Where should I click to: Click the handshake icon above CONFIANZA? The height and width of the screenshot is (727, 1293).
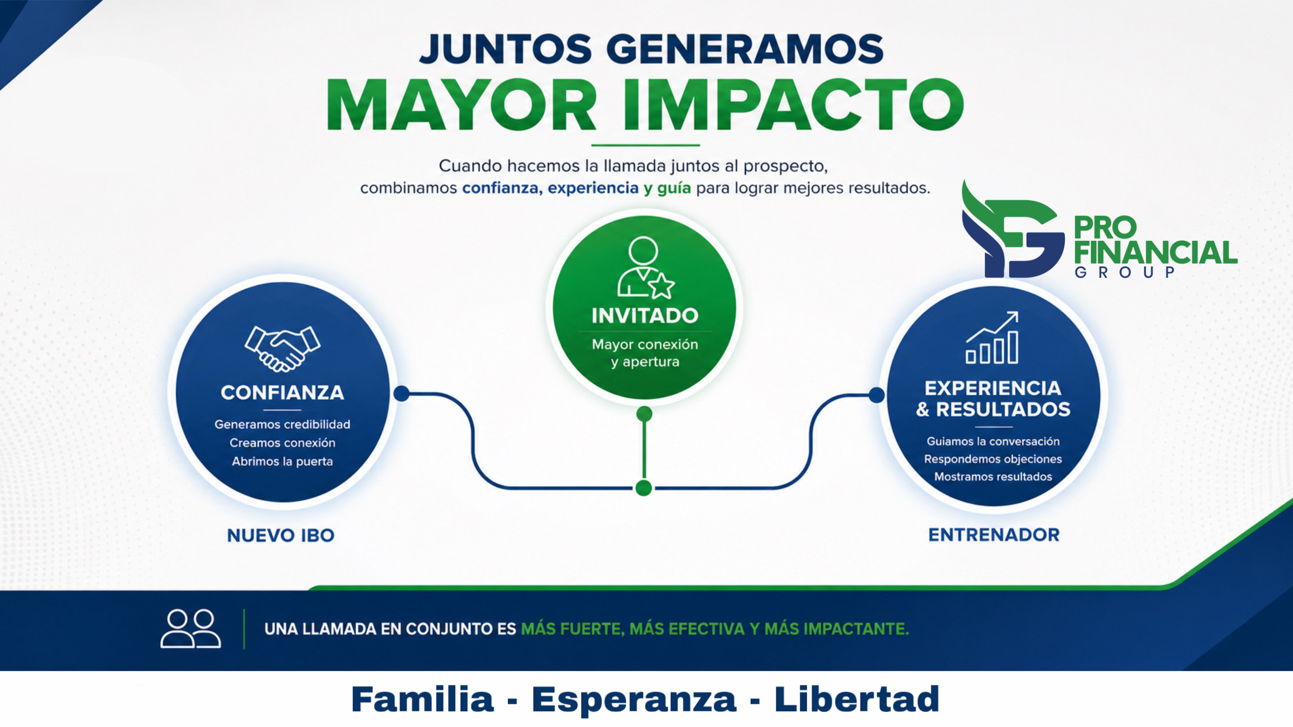point(282,349)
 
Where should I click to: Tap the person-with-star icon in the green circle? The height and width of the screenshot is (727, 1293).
point(646,267)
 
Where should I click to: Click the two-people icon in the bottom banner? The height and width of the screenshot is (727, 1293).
point(190,629)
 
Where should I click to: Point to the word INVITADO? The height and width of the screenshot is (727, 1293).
point(645,316)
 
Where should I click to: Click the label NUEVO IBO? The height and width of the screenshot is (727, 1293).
point(281,535)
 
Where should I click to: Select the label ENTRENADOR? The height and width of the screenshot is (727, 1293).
point(994,535)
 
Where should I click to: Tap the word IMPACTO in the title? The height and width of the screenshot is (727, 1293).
point(793,105)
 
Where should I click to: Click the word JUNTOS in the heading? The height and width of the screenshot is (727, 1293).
point(506,49)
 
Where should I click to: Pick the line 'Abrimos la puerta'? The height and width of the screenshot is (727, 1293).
point(282,461)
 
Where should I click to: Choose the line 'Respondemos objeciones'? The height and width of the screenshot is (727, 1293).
point(993,459)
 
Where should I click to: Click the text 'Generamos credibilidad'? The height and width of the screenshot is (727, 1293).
point(282,424)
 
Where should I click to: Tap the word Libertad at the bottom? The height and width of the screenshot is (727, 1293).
point(857,699)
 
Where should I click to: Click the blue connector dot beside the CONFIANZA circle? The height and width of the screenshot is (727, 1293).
point(401,394)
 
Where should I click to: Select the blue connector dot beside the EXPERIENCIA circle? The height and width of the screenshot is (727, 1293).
point(877,395)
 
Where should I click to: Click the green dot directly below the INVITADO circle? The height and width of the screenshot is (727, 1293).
point(644,414)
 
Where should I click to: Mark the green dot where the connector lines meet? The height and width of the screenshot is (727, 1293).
point(644,488)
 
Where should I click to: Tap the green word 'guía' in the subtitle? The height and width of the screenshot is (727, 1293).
point(673,188)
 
